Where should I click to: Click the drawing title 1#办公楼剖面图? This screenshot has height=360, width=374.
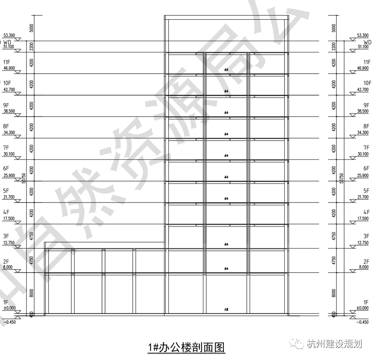coord(186,347)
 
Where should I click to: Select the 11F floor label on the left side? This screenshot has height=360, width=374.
coord(6,63)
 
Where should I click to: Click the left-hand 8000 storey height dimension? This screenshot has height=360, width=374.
coord(32,293)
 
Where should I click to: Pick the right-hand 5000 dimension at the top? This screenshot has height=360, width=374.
coord(333,28)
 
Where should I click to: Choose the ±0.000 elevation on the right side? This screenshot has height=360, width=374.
coord(363,308)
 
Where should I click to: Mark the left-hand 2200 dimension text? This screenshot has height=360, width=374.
coord(32,47)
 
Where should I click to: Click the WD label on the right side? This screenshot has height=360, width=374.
coord(367,42)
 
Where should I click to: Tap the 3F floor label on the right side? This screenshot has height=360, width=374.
coord(366,236)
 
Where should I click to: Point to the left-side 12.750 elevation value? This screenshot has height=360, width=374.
coord(9,243)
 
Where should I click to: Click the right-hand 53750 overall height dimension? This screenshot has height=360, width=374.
coord(341,177)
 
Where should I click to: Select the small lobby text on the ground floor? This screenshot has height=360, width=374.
coord(227,310)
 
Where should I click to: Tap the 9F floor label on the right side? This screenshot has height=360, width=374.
coord(366,105)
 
